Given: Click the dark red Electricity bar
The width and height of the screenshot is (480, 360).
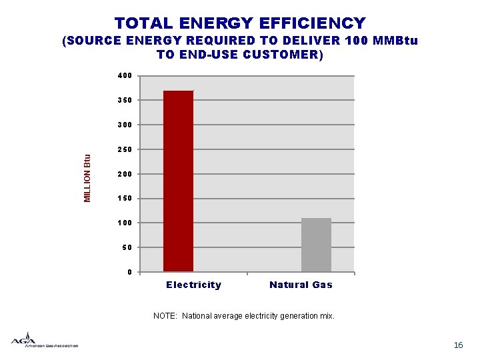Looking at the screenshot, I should click(x=178, y=181).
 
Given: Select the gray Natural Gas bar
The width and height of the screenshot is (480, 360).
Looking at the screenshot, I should click(x=316, y=245).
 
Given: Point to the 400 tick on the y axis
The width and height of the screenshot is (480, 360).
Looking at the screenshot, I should click(x=124, y=76).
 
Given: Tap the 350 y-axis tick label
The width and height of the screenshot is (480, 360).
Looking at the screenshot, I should click(x=124, y=101).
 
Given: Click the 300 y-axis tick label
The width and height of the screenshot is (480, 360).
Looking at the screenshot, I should click(x=124, y=125).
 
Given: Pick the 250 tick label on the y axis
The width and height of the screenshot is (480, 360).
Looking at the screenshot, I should click(x=124, y=150).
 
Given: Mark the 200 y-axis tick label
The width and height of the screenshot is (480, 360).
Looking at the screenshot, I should click(x=124, y=174).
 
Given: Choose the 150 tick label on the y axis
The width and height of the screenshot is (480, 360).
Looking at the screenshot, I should click(x=124, y=199).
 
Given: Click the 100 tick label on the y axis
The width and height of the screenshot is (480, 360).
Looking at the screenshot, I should click(x=124, y=223).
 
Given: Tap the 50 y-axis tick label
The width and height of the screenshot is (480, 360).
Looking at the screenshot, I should click(x=127, y=247).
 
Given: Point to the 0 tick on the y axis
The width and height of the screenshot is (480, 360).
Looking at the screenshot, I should click(x=129, y=272).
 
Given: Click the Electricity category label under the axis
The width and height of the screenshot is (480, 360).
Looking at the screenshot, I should click(x=193, y=285).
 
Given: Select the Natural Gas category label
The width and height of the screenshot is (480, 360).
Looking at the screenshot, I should click(x=301, y=285).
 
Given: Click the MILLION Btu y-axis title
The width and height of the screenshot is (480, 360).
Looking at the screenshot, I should click(x=87, y=178).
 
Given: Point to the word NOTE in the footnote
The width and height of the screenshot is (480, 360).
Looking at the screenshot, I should click(x=165, y=316).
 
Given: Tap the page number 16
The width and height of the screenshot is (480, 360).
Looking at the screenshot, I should click(x=458, y=345).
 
